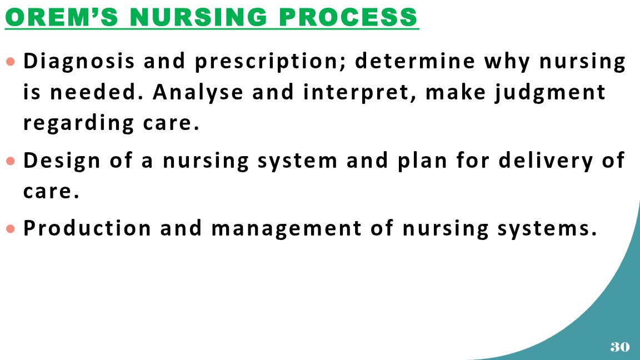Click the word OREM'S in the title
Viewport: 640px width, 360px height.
(x=62, y=17)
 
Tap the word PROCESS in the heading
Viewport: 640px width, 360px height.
(x=348, y=17)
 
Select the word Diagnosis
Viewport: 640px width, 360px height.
(x=79, y=61)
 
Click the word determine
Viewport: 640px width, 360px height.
(x=415, y=61)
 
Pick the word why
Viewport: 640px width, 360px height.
(x=507, y=61)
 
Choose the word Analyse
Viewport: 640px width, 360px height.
(x=198, y=92)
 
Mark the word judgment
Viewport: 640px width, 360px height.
(x=550, y=92)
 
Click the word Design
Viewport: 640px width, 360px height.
(x=62, y=161)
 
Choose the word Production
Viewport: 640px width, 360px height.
(x=87, y=228)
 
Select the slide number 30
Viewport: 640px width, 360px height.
(x=620, y=347)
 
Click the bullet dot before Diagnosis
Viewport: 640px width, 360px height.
(x=11, y=62)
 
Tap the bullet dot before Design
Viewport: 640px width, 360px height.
(x=11, y=161)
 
